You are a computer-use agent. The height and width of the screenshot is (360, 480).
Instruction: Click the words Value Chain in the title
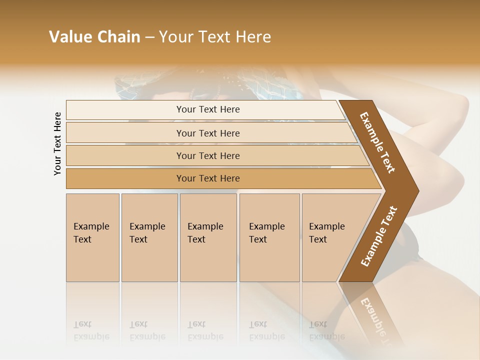point(94,37)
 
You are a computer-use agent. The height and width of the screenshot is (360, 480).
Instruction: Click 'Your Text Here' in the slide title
point(215,37)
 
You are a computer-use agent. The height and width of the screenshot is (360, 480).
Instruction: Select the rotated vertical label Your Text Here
point(57,144)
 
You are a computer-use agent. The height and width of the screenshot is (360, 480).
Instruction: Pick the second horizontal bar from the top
point(208,133)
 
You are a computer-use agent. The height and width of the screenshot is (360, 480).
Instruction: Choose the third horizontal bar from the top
point(208,155)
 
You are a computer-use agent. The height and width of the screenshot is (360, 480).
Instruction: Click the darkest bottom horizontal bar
point(208,178)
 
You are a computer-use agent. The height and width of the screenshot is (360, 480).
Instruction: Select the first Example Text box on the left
point(92,237)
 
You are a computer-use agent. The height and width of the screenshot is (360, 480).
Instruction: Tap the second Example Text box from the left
point(149,237)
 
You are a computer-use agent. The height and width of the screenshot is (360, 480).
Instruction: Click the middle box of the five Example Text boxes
point(208,237)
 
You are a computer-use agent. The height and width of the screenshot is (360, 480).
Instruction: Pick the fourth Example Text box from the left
point(269,237)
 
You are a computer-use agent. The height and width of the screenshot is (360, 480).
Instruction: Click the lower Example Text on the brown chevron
point(379,236)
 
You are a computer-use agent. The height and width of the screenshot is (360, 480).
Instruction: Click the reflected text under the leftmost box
point(91,330)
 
